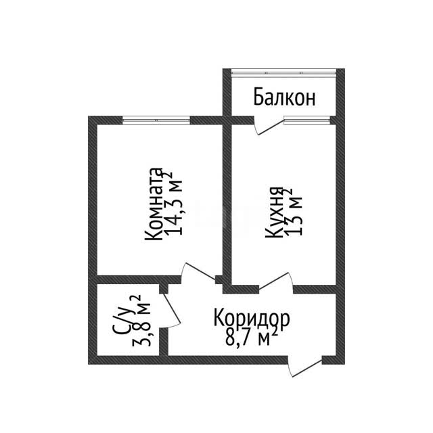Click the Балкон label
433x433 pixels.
pos(284,97)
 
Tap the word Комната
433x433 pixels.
pos(154,204)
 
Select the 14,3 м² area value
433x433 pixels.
pos(173,204)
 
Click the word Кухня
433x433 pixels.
pos(274,212)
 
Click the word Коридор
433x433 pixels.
pos(252,319)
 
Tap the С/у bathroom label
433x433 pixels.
pos(124,319)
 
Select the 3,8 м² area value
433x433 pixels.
pos(141,321)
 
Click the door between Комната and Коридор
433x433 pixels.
pos(198,272)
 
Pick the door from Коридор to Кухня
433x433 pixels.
pos(275,282)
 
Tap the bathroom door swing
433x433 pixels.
pos(172,311)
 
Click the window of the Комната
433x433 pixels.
pos(156,120)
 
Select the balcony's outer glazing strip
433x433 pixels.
pos(283,72)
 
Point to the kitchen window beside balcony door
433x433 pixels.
pos(307,120)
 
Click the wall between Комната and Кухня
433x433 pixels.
pos(227,204)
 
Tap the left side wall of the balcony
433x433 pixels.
pos(227,92)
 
